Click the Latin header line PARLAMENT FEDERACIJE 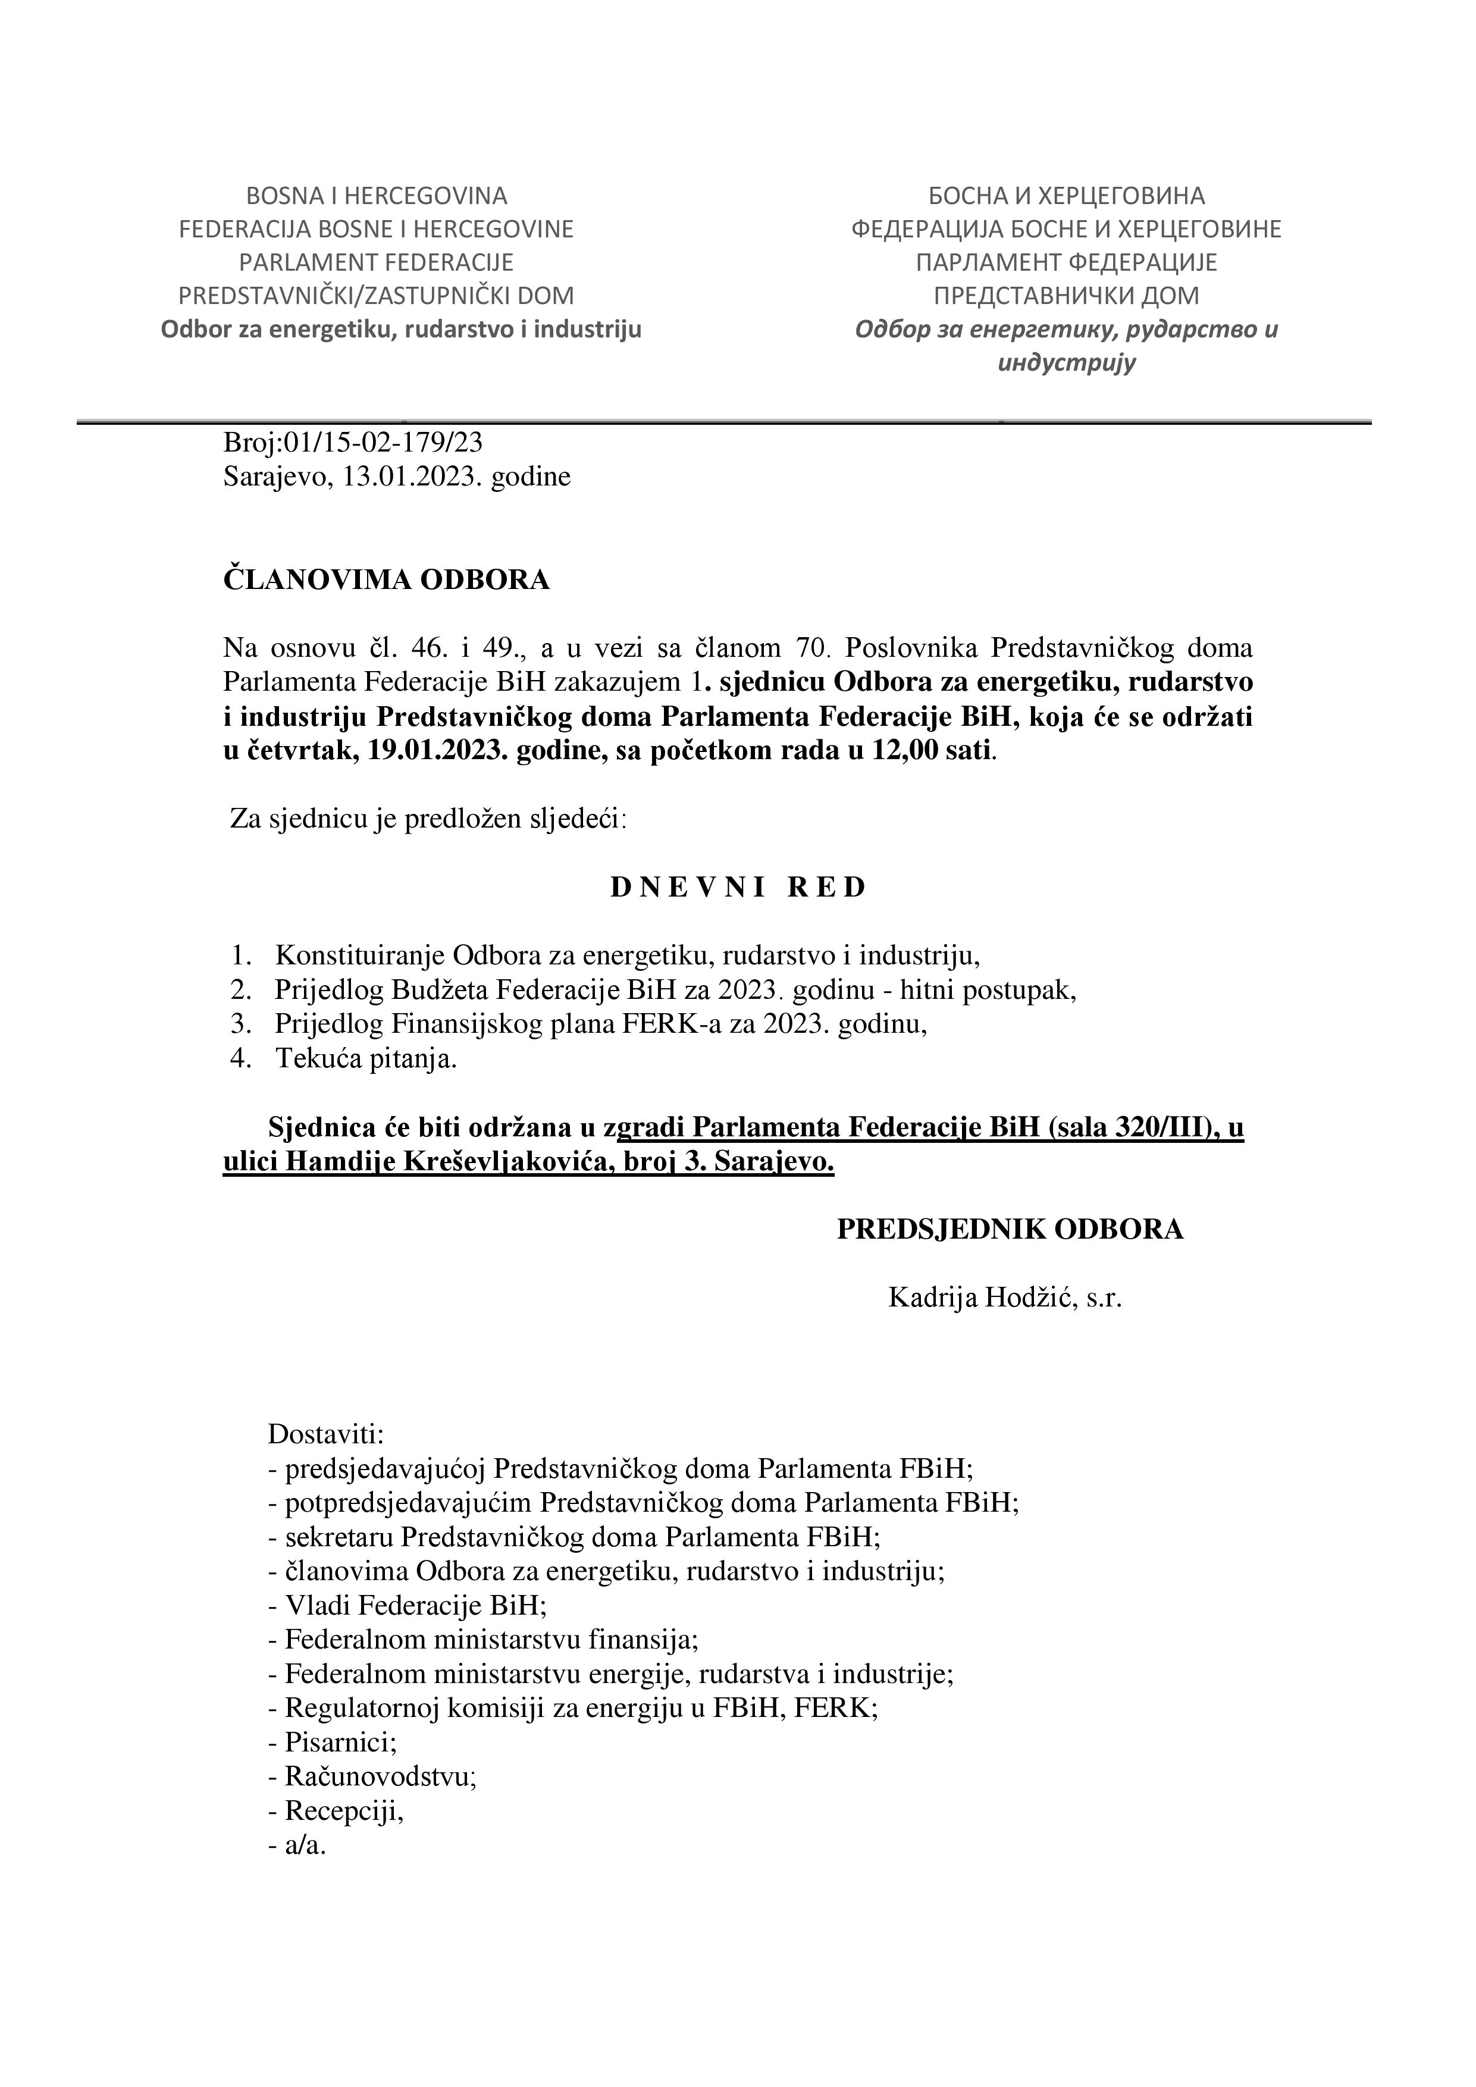tap(376, 263)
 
